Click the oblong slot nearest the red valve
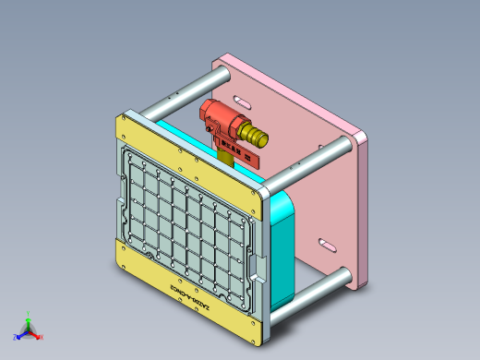(240, 101)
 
